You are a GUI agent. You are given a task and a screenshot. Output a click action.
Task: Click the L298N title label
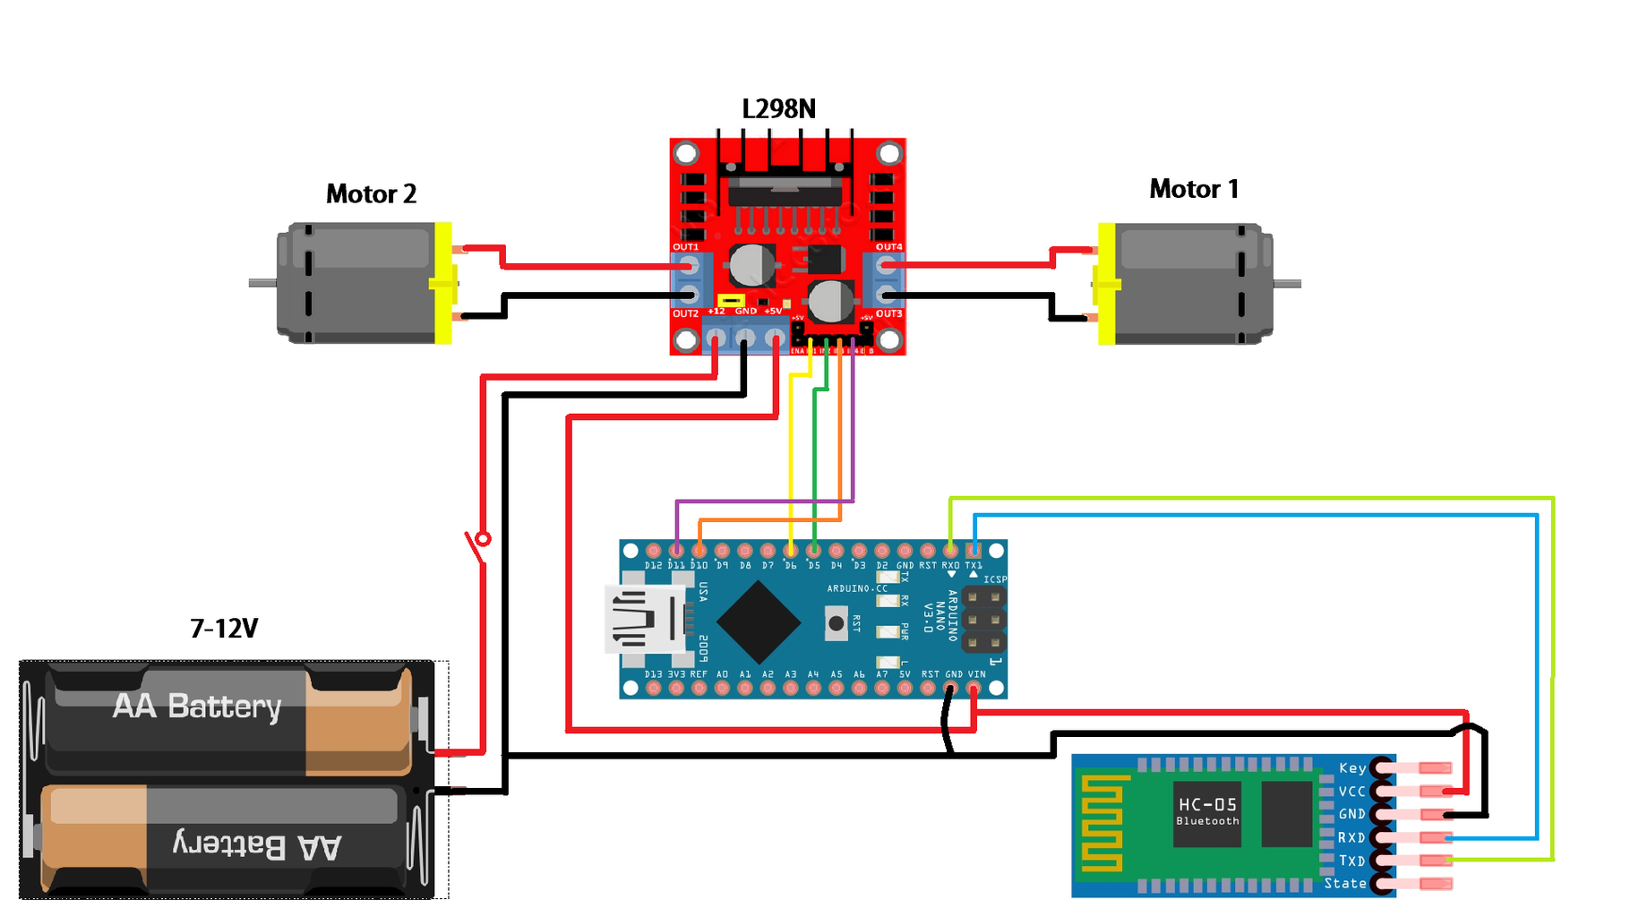[x=778, y=109]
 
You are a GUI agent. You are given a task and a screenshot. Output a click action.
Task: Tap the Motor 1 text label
[x=1193, y=189]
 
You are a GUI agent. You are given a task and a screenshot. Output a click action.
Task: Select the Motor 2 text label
[x=371, y=193]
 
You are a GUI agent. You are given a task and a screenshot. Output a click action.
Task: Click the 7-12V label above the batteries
[x=224, y=629]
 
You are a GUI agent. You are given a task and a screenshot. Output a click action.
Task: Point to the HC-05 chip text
[x=1207, y=805]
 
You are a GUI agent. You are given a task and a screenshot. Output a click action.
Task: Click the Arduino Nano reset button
[x=836, y=622]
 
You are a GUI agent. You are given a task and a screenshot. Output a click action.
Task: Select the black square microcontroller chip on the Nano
[x=759, y=622]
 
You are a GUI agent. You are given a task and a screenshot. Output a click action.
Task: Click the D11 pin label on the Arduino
[x=676, y=566]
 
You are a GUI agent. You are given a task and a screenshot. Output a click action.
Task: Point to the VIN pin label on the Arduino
[x=976, y=674]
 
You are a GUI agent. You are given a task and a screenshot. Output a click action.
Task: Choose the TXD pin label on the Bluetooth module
[x=1351, y=861]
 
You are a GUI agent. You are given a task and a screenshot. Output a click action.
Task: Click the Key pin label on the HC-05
[x=1352, y=768]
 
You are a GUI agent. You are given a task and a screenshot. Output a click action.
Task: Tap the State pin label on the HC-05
[x=1345, y=884]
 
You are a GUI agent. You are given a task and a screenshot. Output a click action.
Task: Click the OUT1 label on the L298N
[x=685, y=247]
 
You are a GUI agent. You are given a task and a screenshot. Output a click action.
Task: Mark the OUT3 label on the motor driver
[x=888, y=313]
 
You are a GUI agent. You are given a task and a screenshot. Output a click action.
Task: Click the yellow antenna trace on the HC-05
[x=1102, y=824]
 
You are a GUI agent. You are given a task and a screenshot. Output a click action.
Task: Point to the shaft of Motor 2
[x=262, y=283]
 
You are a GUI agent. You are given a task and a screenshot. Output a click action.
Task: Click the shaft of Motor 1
[x=1287, y=284]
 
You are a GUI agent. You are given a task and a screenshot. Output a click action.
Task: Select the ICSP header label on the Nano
[x=995, y=579]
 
